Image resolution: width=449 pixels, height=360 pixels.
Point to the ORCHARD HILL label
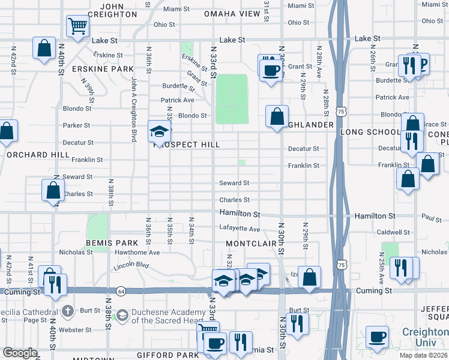click(x=30, y=154)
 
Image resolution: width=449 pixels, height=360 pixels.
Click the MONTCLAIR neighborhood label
click(x=250, y=243)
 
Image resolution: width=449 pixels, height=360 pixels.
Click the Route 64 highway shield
click(x=121, y=290)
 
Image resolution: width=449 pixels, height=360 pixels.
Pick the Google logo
click(x=20, y=353)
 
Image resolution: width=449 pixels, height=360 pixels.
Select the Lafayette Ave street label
click(x=240, y=229)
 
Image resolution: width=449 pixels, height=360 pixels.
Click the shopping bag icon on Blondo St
click(x=277, y=116)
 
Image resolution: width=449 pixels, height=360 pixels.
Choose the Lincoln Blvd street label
click(x=131, y=264)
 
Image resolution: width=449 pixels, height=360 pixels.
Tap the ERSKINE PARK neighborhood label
click(x=102, y=69)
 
